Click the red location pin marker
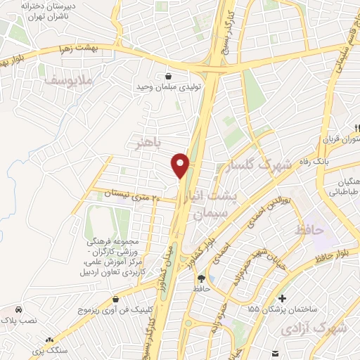[181, 165]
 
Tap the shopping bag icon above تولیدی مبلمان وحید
[168, 75]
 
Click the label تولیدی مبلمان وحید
[168, 87]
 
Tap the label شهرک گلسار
[264, 166]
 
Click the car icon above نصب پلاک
[18, 309]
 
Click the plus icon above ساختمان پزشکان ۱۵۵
[283, 298]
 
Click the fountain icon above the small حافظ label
[202, 278]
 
